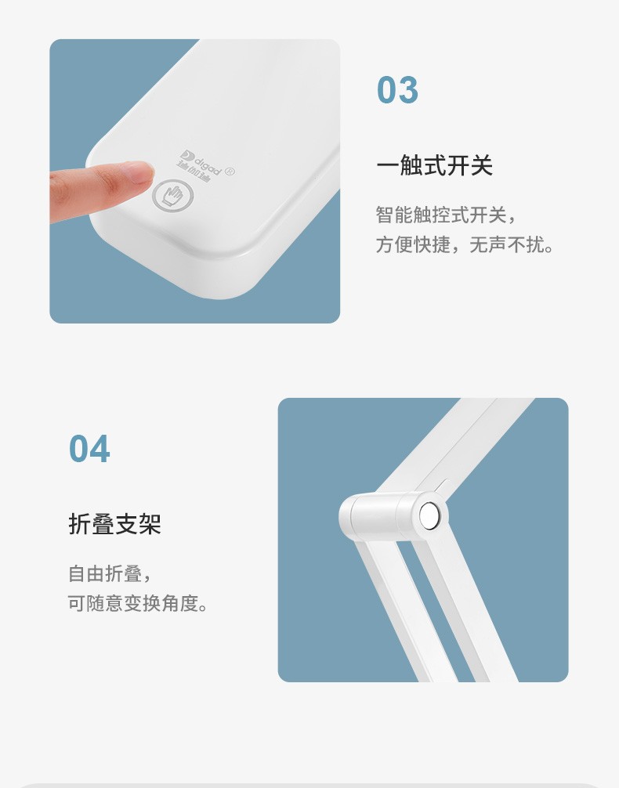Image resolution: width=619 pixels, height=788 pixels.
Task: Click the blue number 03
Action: pyautogui.click(x=397, y=90)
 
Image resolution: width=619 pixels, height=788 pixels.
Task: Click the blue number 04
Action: pyautogui.click(x=89, y=449)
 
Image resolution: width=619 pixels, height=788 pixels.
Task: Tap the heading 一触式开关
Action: pyautogui.click(x=434, y=165)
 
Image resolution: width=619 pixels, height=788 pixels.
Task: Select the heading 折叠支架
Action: pyautogui.click(x=114, y=524)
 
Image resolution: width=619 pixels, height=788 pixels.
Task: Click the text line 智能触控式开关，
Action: pyautogui.click(x=446, y=215)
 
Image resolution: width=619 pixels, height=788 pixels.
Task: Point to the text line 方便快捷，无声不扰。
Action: pyautogui.click(x=464, y=244)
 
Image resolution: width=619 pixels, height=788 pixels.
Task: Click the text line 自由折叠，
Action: pyautogui.click(x=109, y=573)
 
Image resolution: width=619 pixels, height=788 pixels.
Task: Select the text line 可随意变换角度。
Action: pyautogui.click(x=137, y=603)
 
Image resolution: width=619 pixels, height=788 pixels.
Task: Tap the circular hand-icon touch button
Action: pyautogui.click(x=173, y=196)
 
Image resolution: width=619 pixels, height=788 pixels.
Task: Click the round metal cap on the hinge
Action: pyautogui.click(x=429, y=516)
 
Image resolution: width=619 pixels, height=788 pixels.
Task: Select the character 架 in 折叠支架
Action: pyautogui.click(x=150, y=524)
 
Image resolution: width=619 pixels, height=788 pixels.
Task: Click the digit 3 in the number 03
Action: pyautogui.click(x=408, y=90)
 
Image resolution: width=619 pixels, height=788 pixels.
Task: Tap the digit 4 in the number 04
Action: pyautogui.click(x=100, y=449)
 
